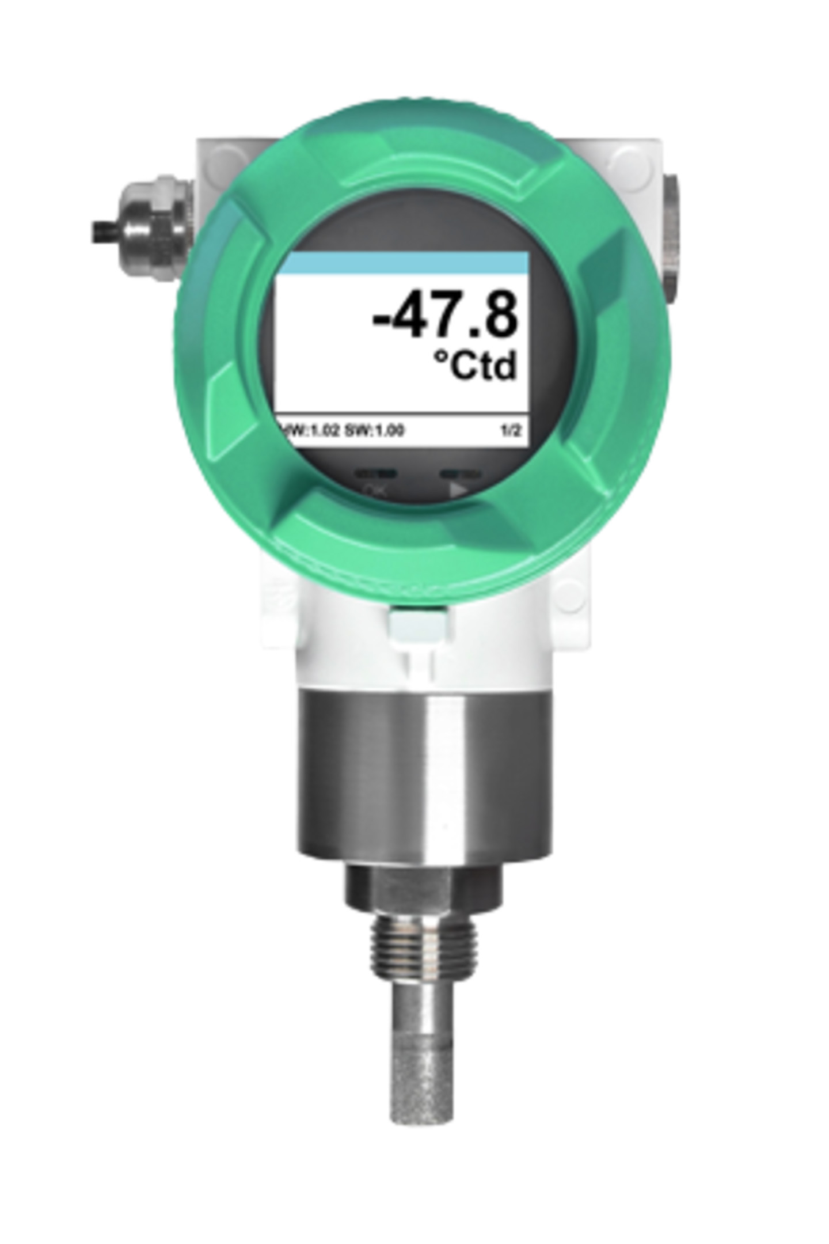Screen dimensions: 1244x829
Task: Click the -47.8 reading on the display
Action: (444, 317)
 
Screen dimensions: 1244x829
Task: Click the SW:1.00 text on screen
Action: (374, 430)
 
